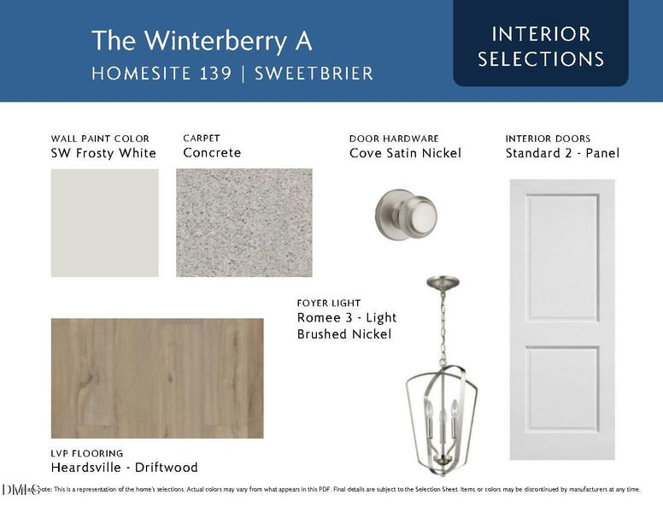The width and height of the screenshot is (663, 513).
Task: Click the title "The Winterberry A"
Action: click(202, 40)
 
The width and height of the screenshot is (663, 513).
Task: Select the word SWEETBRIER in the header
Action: click(315, 74)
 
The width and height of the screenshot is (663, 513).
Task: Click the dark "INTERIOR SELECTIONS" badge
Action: click(541, 46)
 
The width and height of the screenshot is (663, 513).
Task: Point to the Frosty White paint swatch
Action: click(104, 222)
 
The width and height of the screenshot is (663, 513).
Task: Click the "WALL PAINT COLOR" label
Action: click(100, 139)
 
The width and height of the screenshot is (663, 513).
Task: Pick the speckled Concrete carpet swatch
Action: click(243, 222)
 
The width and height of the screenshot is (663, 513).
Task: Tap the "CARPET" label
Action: click(202, 138)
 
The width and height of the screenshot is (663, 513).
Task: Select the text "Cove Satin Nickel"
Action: click(405, 154)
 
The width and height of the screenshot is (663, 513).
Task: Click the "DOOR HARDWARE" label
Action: click(394, 139)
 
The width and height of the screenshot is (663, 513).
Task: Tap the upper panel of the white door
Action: click(561, 256)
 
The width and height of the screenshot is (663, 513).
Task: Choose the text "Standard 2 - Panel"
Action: click(562, 154)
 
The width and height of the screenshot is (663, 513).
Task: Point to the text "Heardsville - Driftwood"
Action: click(124, 468)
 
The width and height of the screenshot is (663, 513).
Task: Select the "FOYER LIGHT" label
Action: click(329, 303)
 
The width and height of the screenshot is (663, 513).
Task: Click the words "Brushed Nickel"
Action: click(344, 334)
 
